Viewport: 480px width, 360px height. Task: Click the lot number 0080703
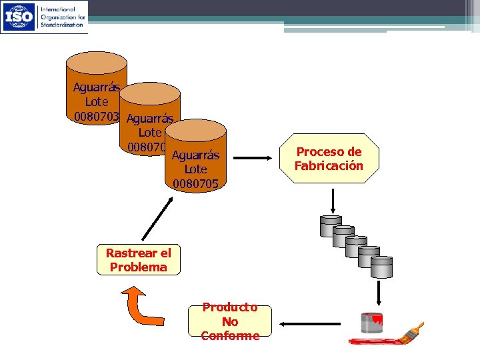point(93,116)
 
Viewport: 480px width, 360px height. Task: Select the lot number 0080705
point(195,183)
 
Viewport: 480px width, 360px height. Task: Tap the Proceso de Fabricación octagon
point(329,159)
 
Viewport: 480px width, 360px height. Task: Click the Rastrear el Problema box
point(139,260)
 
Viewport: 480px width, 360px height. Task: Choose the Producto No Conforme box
point(230,321)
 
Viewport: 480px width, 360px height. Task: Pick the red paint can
point(371,323)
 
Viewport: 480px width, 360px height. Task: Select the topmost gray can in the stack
point(331,226)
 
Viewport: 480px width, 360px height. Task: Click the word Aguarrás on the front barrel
point(195,156)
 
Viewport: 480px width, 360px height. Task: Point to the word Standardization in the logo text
point(63,25)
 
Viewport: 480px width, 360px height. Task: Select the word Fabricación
point(329,165)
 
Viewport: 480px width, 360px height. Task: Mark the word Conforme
point(230,335)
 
